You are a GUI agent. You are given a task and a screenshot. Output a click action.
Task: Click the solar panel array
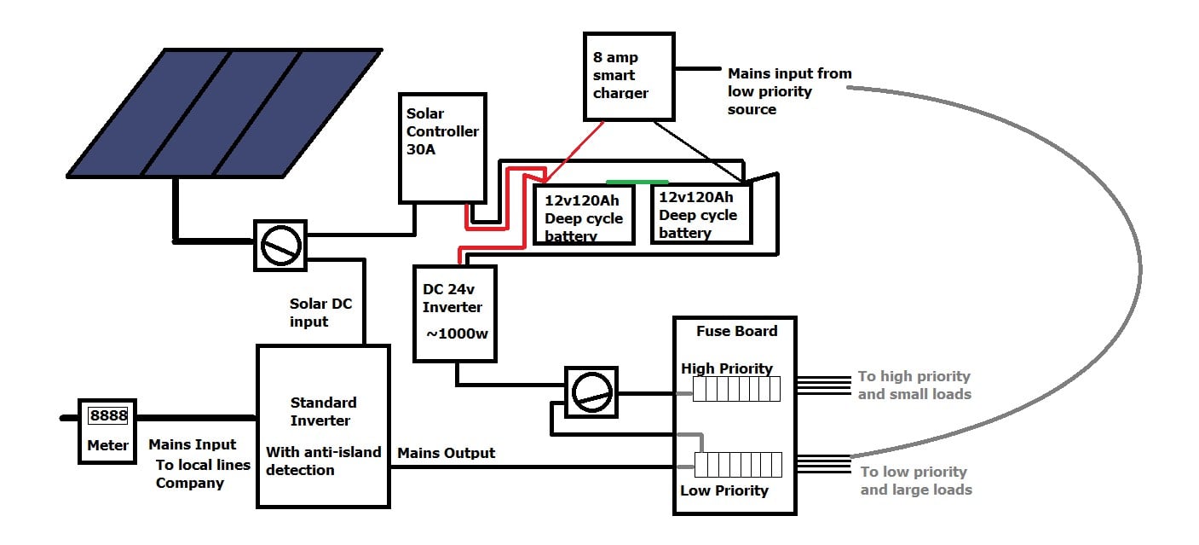tap(224, 113)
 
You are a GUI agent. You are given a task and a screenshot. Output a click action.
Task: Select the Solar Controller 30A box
tap(442, 148)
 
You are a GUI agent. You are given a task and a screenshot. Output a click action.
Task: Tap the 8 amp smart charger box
tap(629, 77)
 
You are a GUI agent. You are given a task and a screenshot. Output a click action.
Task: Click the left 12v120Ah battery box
tap(584, 215)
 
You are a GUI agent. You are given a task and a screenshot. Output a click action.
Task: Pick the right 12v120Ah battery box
tap(701, 213)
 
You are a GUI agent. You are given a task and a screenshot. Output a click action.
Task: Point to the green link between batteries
tap(637, 183)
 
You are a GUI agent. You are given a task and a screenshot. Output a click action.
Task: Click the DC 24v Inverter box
tap(455, 314)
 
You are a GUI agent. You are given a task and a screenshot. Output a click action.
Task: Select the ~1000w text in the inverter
tap(457, 333)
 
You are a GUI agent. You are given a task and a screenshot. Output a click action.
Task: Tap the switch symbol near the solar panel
tap(280, 246)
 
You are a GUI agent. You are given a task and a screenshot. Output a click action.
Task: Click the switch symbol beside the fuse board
tap(591, 392)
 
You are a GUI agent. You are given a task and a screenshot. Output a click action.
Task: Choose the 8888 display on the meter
tap(108, 415)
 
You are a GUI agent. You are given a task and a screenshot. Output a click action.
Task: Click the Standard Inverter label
tap(323, 412)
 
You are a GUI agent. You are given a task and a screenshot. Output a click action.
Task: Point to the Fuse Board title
tap(736, 331)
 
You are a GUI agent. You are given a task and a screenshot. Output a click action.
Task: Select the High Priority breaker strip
tap(736, 389)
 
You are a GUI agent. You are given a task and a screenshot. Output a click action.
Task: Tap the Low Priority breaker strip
tap(738, 465)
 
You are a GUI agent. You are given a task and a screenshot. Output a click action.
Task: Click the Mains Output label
tap(446, 454)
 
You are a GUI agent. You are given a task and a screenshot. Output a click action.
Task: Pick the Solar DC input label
tap(320, 312)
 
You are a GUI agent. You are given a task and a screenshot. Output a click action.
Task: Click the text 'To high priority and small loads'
tap(914, 386)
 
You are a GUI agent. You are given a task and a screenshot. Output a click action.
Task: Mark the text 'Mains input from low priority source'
tap(789, 91)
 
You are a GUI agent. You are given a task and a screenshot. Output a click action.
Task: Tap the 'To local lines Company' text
tap(203, 473)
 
